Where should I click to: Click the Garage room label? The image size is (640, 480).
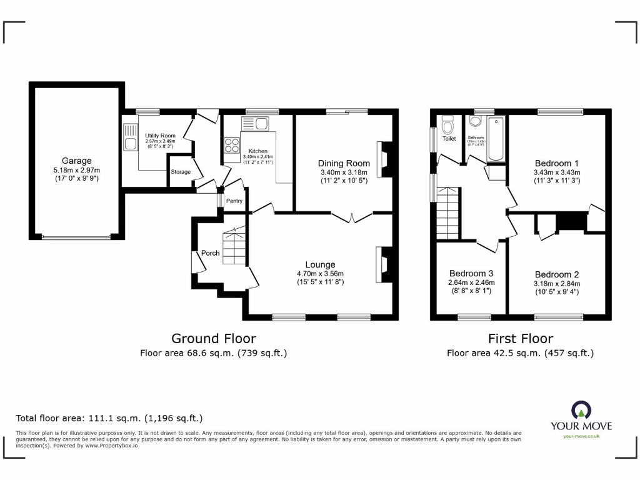point(76,161)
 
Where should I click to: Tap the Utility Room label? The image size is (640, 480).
point(160,136)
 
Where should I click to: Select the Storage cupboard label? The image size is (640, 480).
point(181,172)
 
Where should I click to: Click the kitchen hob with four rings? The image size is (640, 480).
point(232,145)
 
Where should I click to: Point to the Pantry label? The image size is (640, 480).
point(234,201)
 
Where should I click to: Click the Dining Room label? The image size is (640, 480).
point(344,163)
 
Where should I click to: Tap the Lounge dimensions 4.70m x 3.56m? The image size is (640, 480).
point(320,273)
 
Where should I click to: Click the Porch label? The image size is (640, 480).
point(210,253)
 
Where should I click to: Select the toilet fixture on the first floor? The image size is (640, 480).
point(447,127)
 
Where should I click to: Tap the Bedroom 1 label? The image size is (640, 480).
point(557,163)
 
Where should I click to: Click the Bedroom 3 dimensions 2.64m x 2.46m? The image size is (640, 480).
point(471,282)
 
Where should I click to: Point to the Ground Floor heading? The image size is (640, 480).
point(214,339)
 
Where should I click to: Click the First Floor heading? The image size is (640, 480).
point(520,339)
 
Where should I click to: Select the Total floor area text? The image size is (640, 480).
point(109,418)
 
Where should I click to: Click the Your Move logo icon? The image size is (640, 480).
point(581,410)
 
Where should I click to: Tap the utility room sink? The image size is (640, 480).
point(131,143)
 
